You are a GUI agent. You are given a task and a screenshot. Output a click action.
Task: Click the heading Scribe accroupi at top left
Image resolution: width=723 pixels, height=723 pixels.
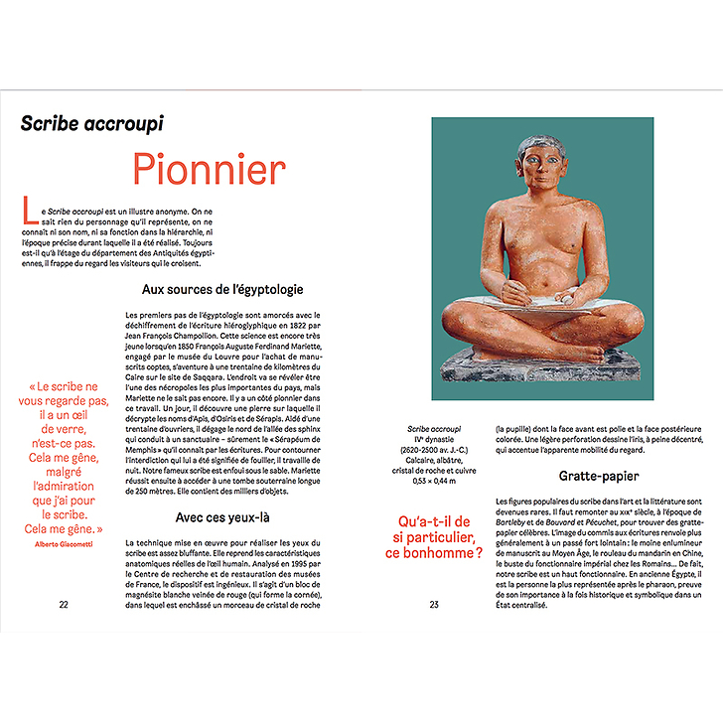tap(92, 124)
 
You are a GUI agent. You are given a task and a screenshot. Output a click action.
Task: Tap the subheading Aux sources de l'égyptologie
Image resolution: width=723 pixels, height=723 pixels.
tap(221, 290)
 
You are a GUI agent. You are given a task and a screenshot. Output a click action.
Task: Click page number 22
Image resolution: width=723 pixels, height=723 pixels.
tap(64, 604)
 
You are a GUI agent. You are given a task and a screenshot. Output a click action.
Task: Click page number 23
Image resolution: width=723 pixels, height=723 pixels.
tap(434, 604)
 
